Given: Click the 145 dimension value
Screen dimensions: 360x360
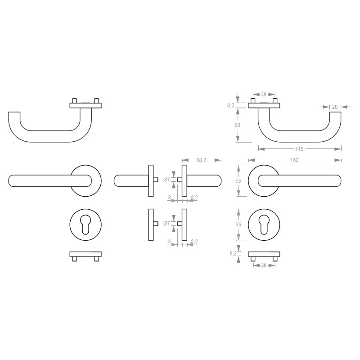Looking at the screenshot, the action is coord(299,149).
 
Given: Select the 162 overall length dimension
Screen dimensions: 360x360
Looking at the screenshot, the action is coord(294,160).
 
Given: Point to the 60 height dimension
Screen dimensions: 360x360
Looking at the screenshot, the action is coord(238,125).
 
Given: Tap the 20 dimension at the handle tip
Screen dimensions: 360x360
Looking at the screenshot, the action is coord(335,107).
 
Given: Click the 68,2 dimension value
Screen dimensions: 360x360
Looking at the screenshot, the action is coord(201,160).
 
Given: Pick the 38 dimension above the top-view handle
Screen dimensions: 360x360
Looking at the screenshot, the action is coord(264,94).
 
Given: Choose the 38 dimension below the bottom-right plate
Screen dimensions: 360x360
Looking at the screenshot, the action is coord(264,265).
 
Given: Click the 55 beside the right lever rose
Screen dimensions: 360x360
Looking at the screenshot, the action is coord(238,181).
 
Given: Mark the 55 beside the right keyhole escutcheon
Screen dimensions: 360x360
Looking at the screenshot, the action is coord(238,225).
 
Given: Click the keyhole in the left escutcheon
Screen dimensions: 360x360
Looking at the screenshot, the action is coord(85,224).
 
